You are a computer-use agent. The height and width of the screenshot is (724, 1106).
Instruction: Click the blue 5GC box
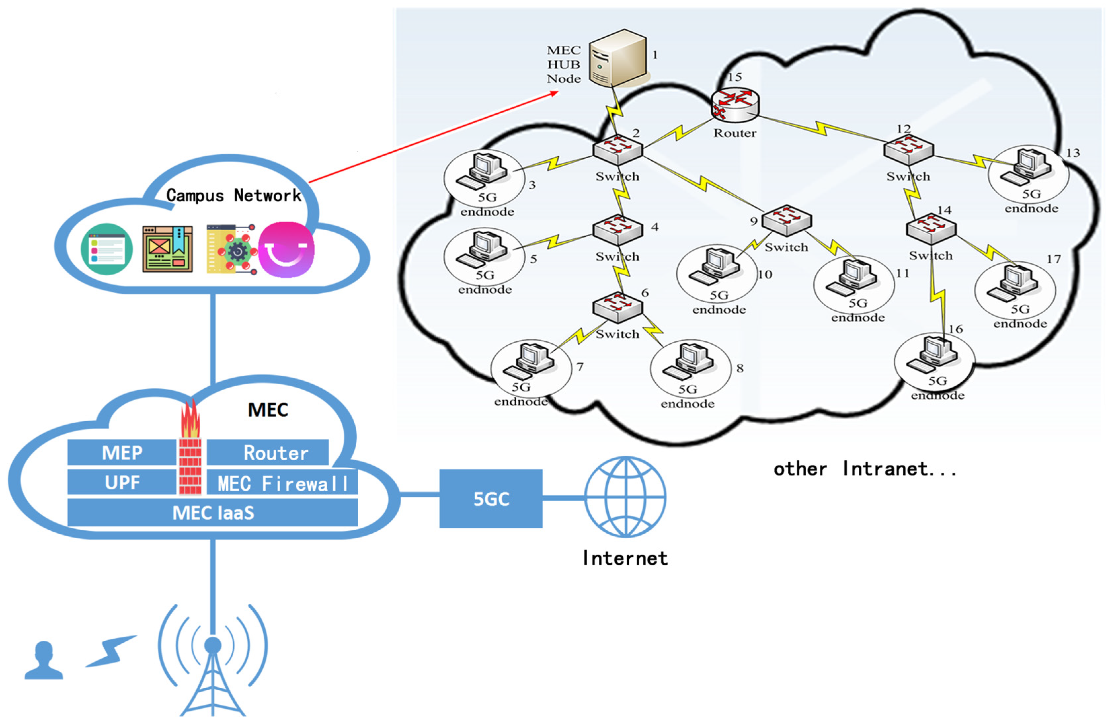(491, 499)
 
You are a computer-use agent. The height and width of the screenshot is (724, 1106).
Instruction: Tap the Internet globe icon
(625, 497)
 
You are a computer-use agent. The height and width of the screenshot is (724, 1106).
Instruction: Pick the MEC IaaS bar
(213, 513)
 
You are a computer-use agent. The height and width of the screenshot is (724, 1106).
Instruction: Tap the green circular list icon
(107, 249)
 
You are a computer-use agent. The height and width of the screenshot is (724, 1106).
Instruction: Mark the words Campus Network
(234, 195)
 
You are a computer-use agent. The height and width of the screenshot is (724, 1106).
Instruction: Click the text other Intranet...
(865, 469)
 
